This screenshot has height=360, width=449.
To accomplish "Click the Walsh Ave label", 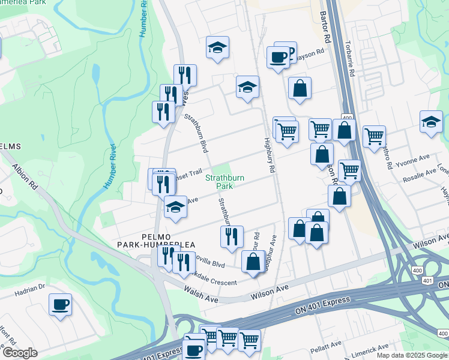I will pos(201,293).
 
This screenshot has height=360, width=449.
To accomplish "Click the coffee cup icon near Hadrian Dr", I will pos(60,304).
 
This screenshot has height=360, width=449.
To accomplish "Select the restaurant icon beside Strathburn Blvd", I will pos(231,236).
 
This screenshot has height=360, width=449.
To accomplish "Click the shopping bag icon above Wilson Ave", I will pos(253,262).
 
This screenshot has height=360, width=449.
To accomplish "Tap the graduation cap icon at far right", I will pos(431,122).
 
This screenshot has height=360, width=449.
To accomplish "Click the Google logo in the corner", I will pos(20,353).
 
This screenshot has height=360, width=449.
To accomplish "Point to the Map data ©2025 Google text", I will pos(412,355).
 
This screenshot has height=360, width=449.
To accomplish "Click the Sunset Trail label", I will pos(188,173).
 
